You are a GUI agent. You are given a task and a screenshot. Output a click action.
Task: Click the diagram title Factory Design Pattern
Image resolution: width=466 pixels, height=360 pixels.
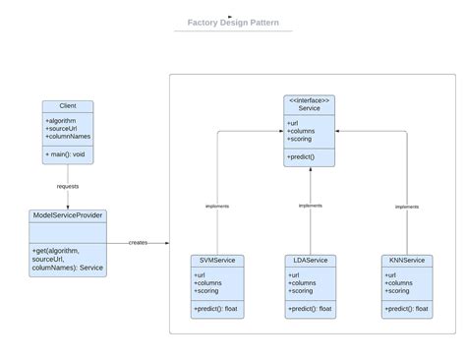click(232, 23)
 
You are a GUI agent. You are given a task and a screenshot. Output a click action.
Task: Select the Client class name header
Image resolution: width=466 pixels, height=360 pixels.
click(68, 106)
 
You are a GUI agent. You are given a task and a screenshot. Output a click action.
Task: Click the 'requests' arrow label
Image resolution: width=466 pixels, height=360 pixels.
click(68, 185)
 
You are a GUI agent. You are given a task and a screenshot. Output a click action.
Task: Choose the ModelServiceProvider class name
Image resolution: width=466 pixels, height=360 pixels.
click(68, 214)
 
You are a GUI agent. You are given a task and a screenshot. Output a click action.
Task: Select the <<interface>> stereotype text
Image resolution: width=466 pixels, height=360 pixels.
click(310, 100)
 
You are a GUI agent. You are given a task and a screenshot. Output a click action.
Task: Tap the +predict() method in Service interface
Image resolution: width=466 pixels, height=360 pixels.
click(302, 156)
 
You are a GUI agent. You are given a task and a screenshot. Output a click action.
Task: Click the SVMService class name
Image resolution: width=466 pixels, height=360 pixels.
click(215, 260)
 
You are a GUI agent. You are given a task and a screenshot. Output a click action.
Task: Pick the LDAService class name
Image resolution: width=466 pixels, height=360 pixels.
click(310, 260)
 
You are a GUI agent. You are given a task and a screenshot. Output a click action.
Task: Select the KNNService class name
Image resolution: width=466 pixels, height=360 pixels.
click(406, 260)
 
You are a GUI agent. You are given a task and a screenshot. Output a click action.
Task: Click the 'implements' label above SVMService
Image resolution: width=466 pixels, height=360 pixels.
click(217, 207)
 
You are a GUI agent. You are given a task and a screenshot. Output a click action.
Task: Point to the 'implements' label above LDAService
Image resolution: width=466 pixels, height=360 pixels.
click(310, 206)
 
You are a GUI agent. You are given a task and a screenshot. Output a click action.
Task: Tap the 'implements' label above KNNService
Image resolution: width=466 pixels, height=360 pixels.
click(406, 207)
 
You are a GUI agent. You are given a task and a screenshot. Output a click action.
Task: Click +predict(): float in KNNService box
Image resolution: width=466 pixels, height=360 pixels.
click(406, 309)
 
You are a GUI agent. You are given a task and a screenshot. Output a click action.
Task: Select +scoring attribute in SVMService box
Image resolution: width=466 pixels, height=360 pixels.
click(207, 290)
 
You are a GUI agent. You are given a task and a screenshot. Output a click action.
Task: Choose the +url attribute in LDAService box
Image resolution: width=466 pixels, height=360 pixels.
click(296, 274)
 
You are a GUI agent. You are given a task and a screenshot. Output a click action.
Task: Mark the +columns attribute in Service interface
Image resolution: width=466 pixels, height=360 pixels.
click(302, 132)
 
